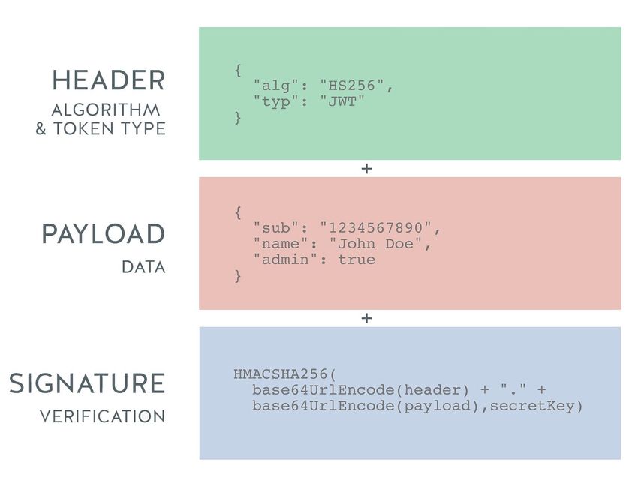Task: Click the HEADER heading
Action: (x=108, y=80)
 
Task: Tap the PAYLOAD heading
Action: (x=103, y=234)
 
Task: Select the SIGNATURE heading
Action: (x=87, y=383)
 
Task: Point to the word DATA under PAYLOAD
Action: (x=143, y=267)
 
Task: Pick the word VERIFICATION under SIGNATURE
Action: (x=102, y=416)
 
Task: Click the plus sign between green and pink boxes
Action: (x=366, y=169)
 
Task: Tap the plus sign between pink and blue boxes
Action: (x=366, y=318)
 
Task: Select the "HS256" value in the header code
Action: (x=353, y=87)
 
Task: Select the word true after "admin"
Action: (x=357, y=260)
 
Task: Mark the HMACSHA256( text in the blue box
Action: (x=285, y=374)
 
